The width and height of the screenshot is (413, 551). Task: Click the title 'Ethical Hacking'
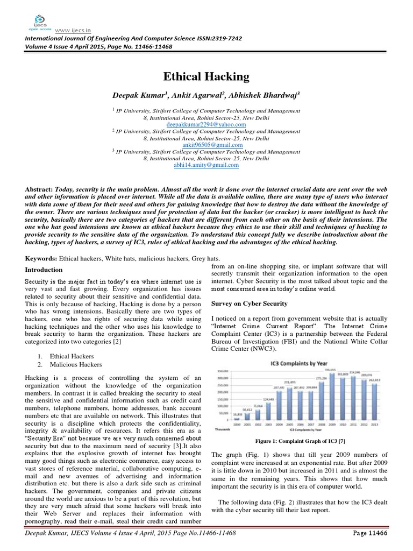tap(206, 77)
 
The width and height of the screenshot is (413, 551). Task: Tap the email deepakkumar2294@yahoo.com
tap(206, 124)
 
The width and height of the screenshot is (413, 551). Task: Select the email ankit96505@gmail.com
tap(206, 145)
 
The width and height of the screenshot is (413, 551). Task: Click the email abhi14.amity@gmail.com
tap(206, 166)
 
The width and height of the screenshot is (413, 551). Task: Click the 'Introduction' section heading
tap(44, 270)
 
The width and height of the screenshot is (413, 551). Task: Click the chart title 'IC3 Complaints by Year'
tap(298, 364)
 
